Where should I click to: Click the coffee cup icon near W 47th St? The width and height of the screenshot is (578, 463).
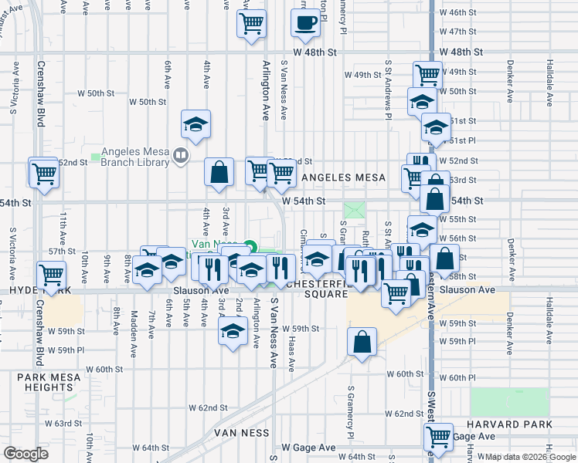[305, 23]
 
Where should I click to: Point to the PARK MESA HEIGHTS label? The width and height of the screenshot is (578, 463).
[47, 382]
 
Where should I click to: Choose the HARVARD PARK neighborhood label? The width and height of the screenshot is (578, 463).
[510, 424]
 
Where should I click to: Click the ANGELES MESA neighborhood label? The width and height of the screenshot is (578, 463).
[343, 177]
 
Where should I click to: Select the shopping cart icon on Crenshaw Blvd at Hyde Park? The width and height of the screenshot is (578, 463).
[51, 275]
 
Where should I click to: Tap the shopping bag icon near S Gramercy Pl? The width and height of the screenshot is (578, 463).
[362, 342]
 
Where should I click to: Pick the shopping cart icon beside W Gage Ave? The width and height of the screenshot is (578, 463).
[438, 438]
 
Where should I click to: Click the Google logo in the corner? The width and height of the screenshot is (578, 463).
[25, 454]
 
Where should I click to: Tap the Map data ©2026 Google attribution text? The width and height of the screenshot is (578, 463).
[531, 457]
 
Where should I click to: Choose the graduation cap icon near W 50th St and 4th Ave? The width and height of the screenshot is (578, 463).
[196, 123]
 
